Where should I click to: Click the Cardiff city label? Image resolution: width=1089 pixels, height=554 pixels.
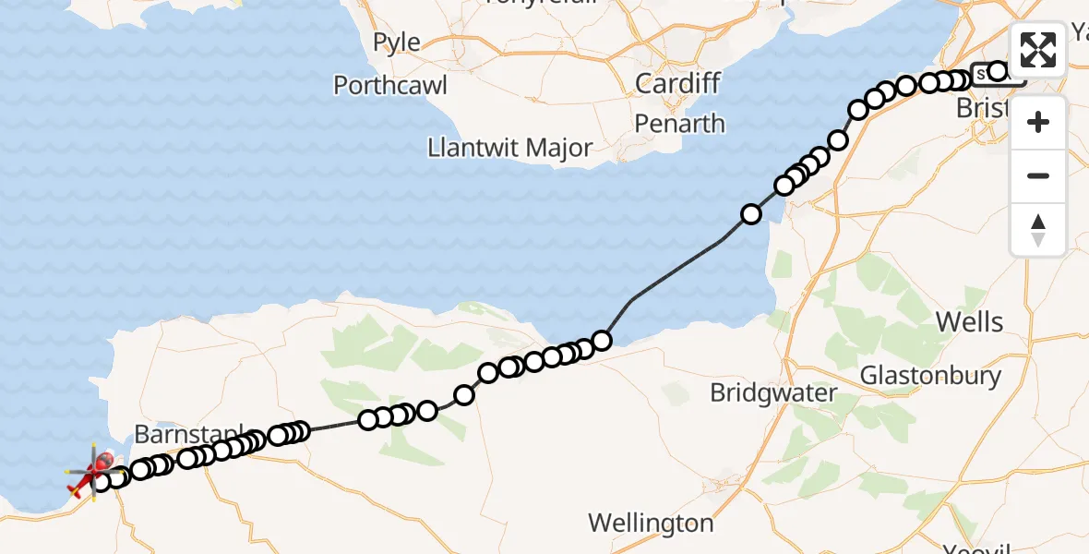pos(677,83)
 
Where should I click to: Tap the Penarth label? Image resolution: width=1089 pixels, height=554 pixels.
pos(680,124)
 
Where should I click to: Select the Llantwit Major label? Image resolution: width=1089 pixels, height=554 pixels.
pos(510,148)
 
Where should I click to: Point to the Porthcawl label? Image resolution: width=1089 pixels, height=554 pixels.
pos(390,86)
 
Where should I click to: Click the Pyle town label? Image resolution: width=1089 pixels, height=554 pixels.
pos(397,42)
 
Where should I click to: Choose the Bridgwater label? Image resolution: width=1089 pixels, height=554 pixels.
pos(773,393)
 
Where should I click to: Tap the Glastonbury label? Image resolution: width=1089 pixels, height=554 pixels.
pos(930,376)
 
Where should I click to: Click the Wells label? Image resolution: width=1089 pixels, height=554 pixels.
pos(969,322)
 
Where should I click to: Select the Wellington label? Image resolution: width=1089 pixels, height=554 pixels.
pos(652,524)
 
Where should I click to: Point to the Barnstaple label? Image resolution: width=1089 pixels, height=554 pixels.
pos(189,433)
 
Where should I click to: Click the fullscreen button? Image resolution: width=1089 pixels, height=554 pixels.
pos(1038,50)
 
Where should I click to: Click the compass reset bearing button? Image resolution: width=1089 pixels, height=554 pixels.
pos(1038,229)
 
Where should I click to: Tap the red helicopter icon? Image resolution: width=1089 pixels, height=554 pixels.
pos(93,473)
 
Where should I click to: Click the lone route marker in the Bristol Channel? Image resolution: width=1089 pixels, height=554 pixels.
pos(751,214)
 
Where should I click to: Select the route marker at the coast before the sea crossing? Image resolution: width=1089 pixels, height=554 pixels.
pos(602,341)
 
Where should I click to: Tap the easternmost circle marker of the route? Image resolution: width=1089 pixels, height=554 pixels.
pos(997,71)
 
